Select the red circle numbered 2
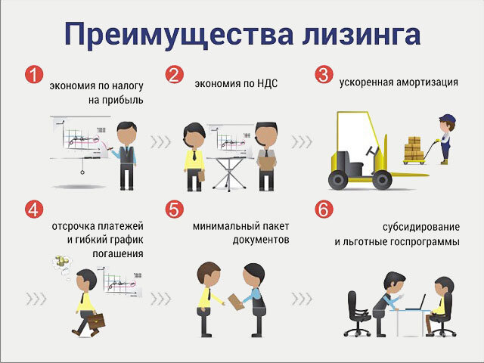pos(175,75)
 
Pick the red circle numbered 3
pos(324,75)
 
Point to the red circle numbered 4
pos(33,210)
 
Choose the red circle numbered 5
pos(175,210)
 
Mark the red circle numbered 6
pos(324,210)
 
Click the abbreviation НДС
pos(265,83)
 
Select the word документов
pos(257,239)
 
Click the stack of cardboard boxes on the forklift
pos(414,149)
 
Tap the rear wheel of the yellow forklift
pos(337,180)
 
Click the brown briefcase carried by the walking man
pos(96,320)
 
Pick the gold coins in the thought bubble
pos(62,262)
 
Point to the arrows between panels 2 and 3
pos(302,141)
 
